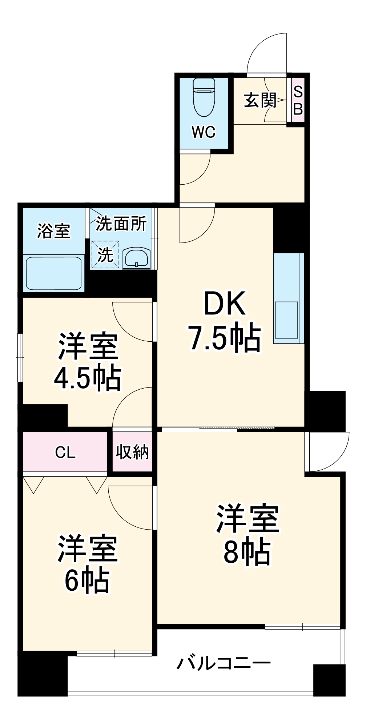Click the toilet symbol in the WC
pos(204,97)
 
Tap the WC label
pos(204,132)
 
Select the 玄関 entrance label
pos(260,100)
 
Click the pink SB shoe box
pos(298,100)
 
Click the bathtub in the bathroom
pos(54,273)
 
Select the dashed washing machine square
pos(105,255)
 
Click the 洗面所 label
pos(121,224)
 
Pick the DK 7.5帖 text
pos(225,321)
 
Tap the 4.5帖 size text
pos(88,378)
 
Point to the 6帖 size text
pos(87,580)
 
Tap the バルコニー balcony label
pos(224,663)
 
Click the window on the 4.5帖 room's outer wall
pos(20,357)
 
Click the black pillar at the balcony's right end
pos(329,680)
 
